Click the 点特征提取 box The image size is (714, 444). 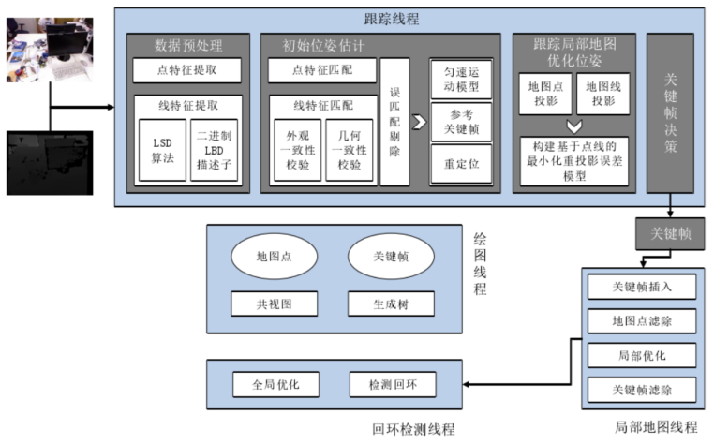pos(186,70)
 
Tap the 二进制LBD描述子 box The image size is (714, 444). pos(214,149)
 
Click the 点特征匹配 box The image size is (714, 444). pos(322,70)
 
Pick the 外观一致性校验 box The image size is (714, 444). pos(297,149)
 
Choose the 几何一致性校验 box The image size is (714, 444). pos(349,149)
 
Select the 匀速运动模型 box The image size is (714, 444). pos(459,81)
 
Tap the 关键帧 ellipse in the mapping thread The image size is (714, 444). pos(390,256)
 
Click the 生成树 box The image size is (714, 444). pos(390,304)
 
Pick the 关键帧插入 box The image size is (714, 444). pos(642,287)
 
